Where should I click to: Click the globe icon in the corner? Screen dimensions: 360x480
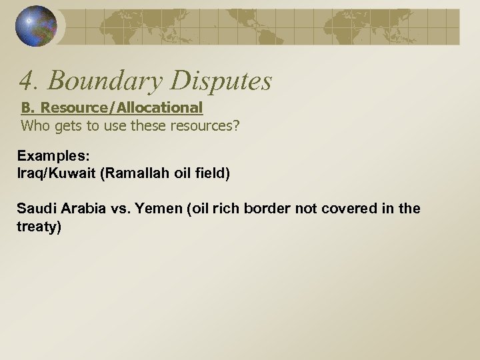[x=37, y=26]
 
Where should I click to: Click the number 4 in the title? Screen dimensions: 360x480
[x=26, y=81]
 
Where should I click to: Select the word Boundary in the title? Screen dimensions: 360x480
[x=103, y=81]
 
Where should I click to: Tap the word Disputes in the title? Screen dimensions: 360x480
[x=221, y=81]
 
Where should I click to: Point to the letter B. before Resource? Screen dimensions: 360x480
[x=29, y=107]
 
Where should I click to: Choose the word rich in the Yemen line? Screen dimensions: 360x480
[x=225, y=209]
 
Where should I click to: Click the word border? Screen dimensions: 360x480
[x=265, y=209]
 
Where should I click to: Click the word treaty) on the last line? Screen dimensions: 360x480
[x=39, y=227]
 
